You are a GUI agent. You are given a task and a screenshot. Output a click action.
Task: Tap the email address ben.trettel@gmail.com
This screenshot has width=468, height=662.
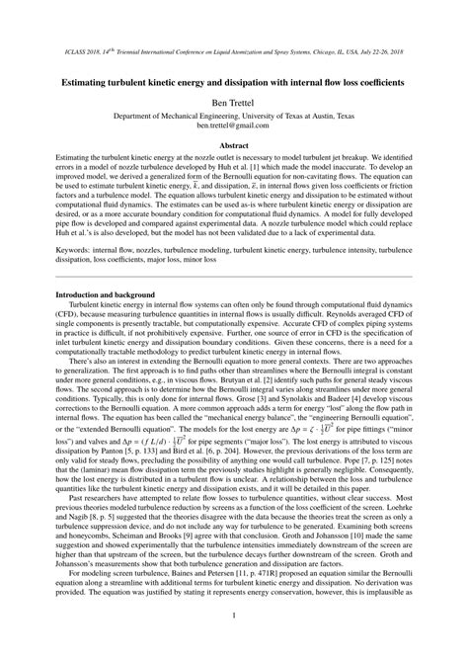[234, 126]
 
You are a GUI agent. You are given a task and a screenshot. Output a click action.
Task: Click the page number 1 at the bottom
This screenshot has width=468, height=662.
[234, 622]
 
